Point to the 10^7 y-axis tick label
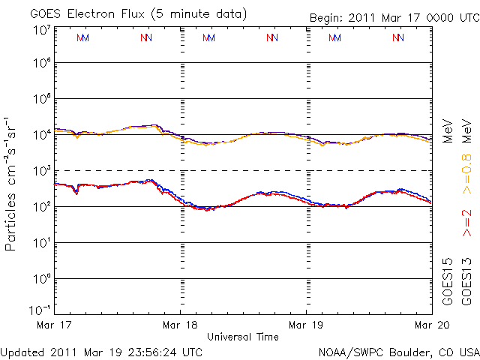[x=42, y=30]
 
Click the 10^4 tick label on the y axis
[x=42, y=135]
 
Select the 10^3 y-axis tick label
[x=42, y=171]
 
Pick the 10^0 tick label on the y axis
[x=42, y=279]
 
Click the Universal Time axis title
[x=242, y=337]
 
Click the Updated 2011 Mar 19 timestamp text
[x=101, y=351]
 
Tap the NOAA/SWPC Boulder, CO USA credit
[x=398, y=351]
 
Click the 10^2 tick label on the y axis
[x=42, y=207]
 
